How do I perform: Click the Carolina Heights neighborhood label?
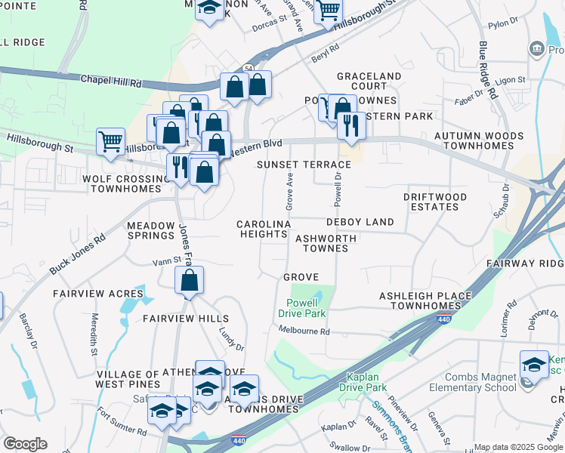point(263,230)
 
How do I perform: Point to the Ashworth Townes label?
point(326,243)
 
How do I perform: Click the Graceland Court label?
point(369,82)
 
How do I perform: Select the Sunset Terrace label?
point(304,165)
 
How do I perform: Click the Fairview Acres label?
point(97,293)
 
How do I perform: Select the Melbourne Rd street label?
point(304,331)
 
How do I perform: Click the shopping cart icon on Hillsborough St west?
point(110,140)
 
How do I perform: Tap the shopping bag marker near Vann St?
point(189,281)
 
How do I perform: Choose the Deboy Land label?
point(360,222)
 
